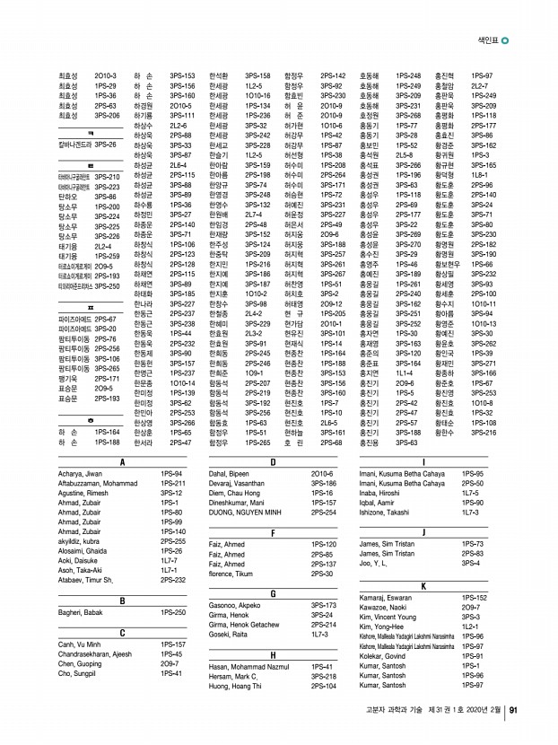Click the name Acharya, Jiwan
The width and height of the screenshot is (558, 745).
(x=80, y=473)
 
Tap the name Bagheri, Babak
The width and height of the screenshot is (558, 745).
(x=78, y=612)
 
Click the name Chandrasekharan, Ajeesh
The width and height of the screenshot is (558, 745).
(x=93, y=654)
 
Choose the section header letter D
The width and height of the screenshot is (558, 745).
(x=272, y=460)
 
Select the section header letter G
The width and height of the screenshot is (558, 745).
(x=272, y=593)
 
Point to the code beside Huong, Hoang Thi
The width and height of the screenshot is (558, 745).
(x=324, y=686)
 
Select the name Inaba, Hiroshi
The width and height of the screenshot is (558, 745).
(x=378, y=492)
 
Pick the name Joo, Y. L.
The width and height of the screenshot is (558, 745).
(x=372, y=564)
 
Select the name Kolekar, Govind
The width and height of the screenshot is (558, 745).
(x=384, y=656)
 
